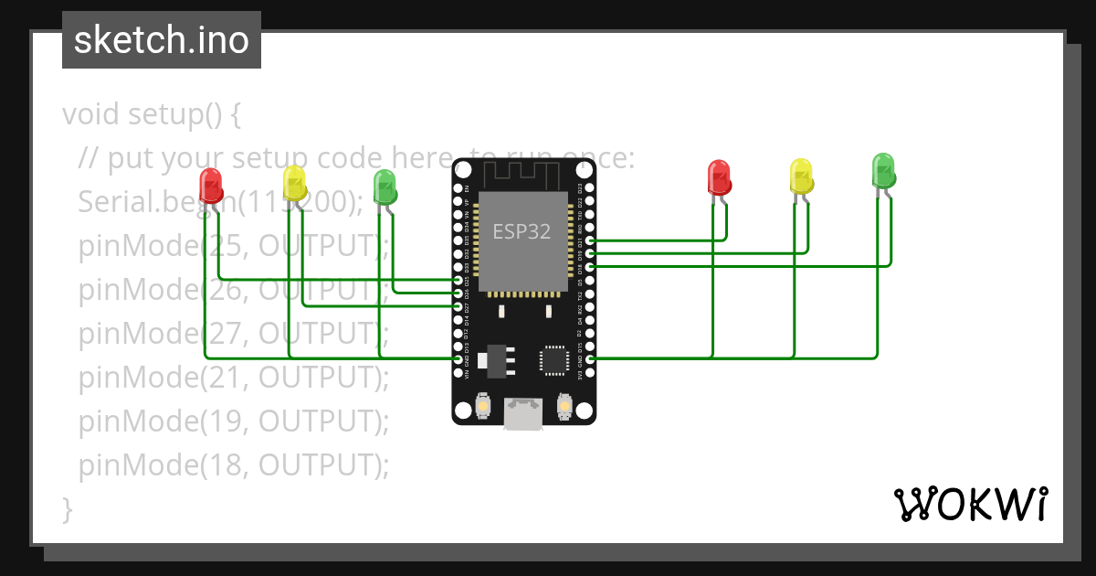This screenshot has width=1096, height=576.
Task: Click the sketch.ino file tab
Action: (162, 40)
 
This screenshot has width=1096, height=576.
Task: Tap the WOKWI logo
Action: (970, 504)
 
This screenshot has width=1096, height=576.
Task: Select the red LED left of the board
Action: (211, 185)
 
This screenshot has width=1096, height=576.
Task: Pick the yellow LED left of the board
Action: (294, 183)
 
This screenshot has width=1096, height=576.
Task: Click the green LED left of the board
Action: (385, 187)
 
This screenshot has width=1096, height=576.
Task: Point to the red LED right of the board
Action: (720, 177)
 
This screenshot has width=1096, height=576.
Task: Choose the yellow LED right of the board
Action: (801, 176)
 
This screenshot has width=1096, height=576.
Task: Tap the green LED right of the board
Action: (883, 171)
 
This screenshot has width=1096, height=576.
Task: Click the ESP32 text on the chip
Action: (522, 231)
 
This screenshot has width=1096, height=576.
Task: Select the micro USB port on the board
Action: (523, 413)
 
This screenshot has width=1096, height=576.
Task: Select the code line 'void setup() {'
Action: (152, 115)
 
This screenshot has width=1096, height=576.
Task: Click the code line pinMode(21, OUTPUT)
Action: (234, 377)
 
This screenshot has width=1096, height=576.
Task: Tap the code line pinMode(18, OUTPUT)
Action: (234, 465)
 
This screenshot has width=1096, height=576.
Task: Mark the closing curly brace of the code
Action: (67, 508)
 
